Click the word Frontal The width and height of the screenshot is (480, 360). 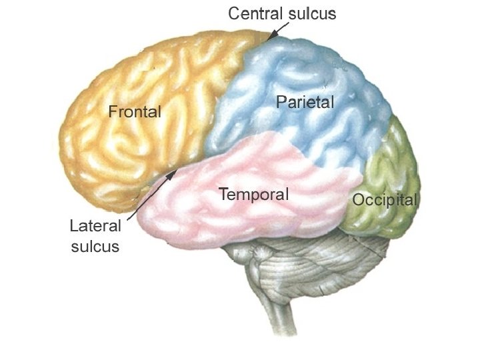click(x=135, y=111)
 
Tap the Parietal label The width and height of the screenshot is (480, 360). click(x=305, y=102)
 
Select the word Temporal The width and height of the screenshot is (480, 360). click(x=254, y=195)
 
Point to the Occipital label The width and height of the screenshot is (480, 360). click(x=385, y=199)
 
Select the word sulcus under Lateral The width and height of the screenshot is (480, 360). click(x=95, y=246)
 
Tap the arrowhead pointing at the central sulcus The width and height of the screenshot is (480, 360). click(x=271, y=35)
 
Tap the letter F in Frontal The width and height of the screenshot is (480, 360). click(x=112, y=111)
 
